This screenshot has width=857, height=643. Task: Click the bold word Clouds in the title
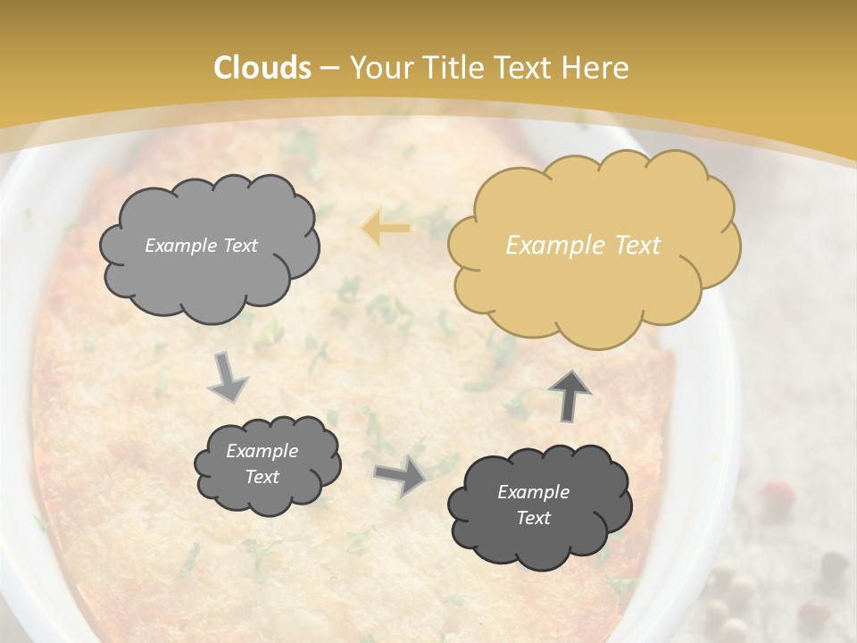click(x=262, y=68)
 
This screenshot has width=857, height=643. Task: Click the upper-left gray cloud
click(x=208, y=246)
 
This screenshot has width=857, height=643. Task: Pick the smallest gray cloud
click(x=267, y=463)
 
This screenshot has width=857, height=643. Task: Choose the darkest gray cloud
click(x=539, y=505)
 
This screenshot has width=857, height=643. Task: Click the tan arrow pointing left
click(x=386, y=229)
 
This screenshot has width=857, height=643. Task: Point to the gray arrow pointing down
click(x=229, y=377)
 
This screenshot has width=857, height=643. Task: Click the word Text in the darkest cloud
click(x=533, y=518)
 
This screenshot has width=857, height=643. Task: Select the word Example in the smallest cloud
click(x=262, y=451)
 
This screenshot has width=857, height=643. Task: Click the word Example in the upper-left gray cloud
click(x=181, y=246)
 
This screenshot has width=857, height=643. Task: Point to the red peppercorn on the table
click(x=778, y=492)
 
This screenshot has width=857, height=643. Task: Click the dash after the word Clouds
click(x=329, y=68)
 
